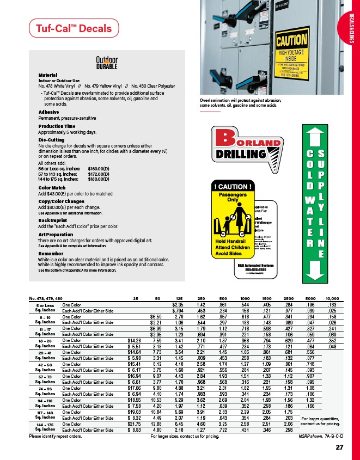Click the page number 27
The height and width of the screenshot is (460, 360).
pyautogui.click(x=339, y=447)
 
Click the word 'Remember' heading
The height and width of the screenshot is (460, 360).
pyautogui.click(x=51, y=253)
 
